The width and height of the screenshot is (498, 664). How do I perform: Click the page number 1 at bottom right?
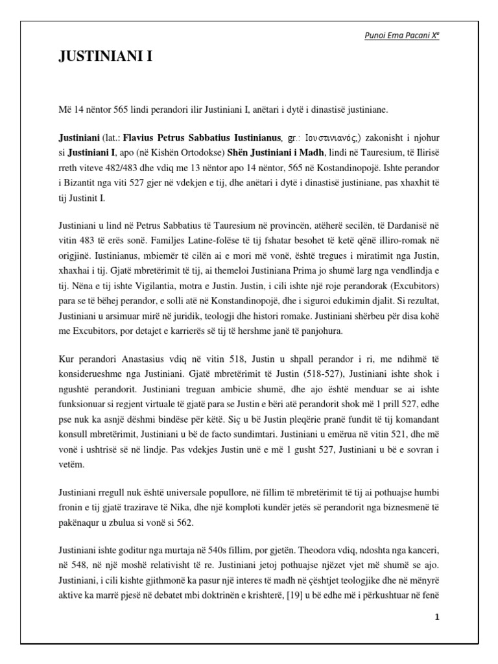click(x=437, y=616)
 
